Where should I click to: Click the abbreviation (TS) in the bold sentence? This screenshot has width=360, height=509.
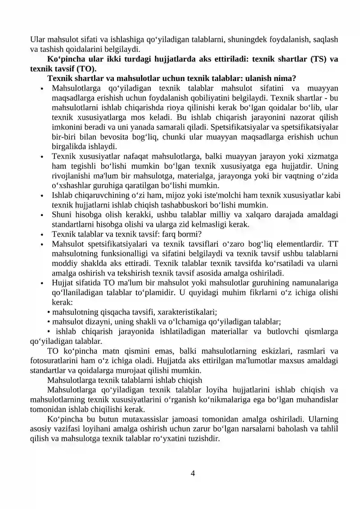[x=319, y=59]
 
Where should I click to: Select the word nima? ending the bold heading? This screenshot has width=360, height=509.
[x=285, y=78]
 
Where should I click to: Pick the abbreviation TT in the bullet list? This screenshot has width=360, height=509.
[x=333, y=244]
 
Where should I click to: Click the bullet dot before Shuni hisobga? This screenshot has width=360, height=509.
[x=41, y=215]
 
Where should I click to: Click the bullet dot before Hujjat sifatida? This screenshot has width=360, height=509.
[x=41, y=284]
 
